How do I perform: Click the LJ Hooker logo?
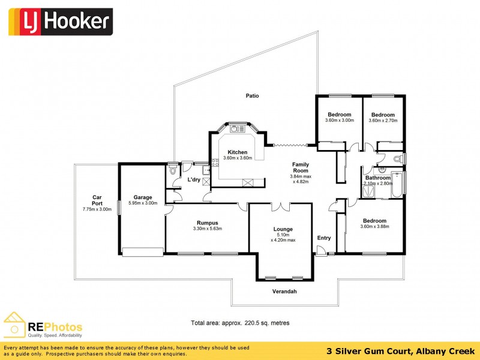pos(59,22)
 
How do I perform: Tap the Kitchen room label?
pos(237,152)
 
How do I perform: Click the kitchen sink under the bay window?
pos(236,128)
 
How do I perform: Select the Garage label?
pos(142,197)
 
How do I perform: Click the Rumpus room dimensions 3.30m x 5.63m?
pos(208,229)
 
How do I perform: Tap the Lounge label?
pos(283,229)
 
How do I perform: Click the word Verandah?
pos(284,292)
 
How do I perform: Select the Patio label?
pos(252,96)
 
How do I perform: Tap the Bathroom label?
pos(378,178)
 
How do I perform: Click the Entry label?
pos(324,238)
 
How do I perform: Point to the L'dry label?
pos(194,179)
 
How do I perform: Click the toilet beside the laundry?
pos(173,171)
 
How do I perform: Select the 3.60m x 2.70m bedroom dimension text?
pos(383,121)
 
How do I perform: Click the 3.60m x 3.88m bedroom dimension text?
pos(374,227)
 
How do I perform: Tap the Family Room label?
pos(301,167)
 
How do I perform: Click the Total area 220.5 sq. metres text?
pos(240,323)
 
